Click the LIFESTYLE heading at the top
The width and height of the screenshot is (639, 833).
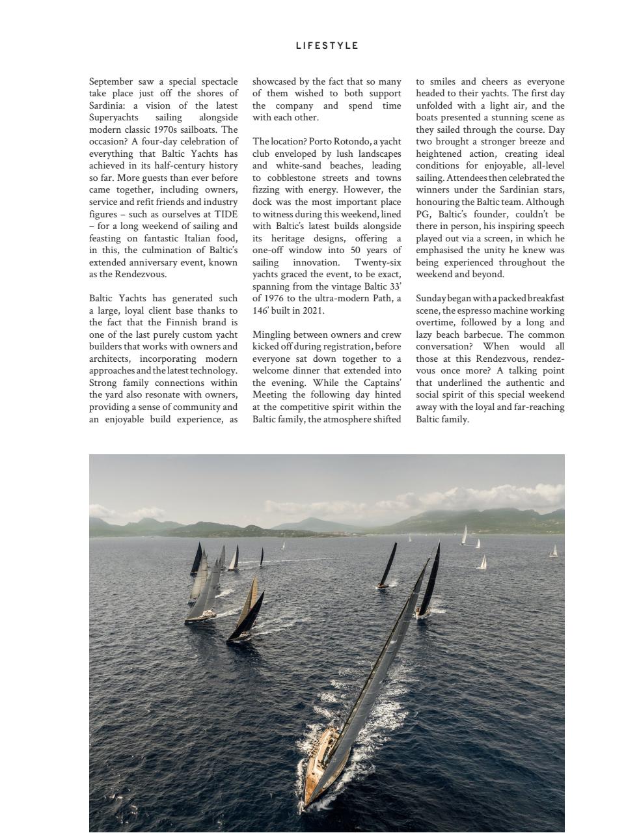[x=327, y=46]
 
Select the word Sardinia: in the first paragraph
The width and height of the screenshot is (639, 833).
[x=108, y=105]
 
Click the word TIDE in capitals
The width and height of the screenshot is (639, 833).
[x=225, y=214]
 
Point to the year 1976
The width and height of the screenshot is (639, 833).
[x=275, y=298]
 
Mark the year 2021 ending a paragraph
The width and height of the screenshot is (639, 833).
[x=313, y=310]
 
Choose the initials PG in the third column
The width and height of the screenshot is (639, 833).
[x=423, y=214]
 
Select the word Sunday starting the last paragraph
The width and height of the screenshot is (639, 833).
[x=431, y=298]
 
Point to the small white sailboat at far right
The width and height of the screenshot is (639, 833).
[x=554, y=552]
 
